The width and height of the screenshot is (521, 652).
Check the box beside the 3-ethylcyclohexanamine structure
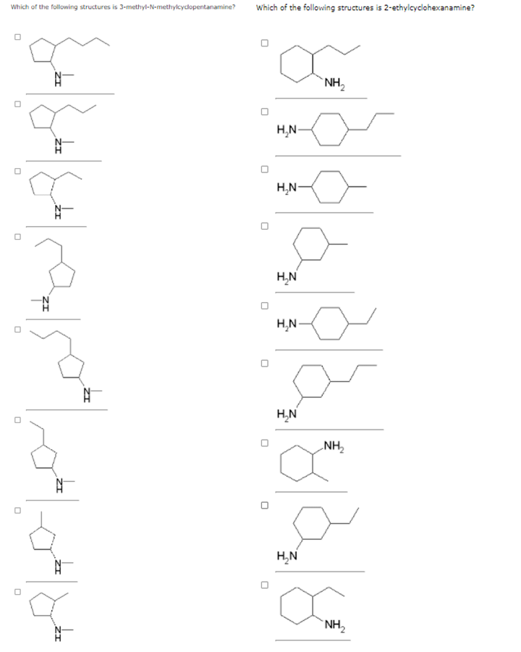coord(265,505)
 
